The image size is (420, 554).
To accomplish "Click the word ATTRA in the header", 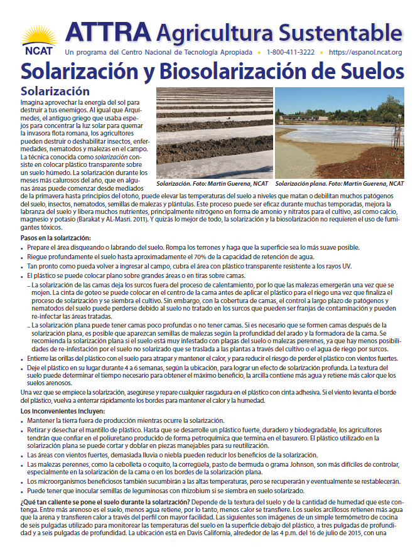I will pyautogui.click(x=107, y=31).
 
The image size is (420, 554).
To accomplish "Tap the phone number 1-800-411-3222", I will pyautogui.click(x=291, y=52).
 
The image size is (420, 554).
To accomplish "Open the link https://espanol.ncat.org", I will pyautogui.click(x=365, y=52).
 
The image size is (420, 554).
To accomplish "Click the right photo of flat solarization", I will pyautogui.click(x=339, y=132).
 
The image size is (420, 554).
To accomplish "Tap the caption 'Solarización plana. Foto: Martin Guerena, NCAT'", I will pyautogui.click(x=339, y=184).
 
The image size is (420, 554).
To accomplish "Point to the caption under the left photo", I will pyautogui.click(x=212, y=184).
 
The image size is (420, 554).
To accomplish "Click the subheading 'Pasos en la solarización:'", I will pyautogui.click(x=56, y=238).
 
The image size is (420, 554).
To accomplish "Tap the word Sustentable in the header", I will pyautogui.click(x=335, y=31).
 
